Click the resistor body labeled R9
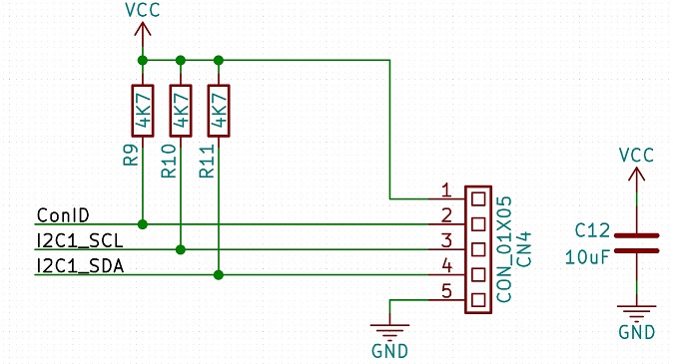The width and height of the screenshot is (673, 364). [x=143, y=111]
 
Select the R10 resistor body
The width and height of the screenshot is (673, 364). [x=181, y=111]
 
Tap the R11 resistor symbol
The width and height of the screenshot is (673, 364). [x=219, y=111]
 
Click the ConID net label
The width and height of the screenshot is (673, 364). [x=63, y=214]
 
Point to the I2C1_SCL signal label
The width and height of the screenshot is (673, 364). [x=80, y=241]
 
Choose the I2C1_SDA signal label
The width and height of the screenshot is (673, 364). [x=80, y=266]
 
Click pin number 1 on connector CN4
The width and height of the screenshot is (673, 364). [x=446, y=189]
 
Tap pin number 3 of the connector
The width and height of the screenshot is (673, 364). [x=446, y=240]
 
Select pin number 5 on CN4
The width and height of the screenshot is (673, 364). [x=446, y=291]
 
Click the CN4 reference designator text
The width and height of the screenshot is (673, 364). [x=524, y=249]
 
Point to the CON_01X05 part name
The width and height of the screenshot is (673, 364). [x=504, y=249]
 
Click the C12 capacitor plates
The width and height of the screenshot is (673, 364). [x=636, y=243]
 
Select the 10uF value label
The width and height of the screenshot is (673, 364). [x=587, y=257]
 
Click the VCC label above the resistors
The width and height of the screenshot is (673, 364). [x=143, y=10]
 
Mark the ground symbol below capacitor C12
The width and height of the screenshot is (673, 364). [x=636, y=314]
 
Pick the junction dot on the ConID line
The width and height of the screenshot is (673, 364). [x=143, y=224]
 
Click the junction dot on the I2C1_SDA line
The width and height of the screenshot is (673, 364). [x=219, y=275]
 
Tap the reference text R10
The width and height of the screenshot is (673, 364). [x=169, y=161]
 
